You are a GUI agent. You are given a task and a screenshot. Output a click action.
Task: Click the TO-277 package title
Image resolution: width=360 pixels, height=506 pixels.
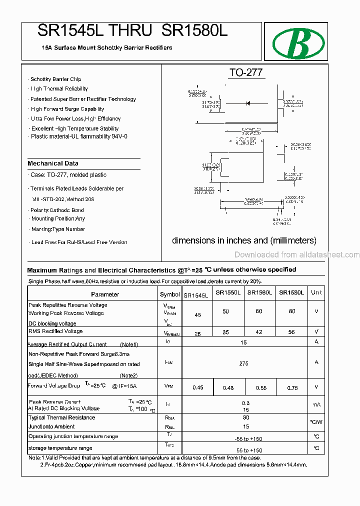pos(245,72)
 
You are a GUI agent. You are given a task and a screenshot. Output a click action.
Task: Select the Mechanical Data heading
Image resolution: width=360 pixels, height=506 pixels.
pos(53,163)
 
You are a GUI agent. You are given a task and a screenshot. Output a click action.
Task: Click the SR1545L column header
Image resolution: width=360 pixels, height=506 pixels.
pos(196,295)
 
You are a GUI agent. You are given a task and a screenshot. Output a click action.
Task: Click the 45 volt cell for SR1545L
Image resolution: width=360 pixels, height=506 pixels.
pos(197,315)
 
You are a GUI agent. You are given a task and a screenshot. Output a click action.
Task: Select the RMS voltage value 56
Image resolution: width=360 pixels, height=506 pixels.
pos(291,332)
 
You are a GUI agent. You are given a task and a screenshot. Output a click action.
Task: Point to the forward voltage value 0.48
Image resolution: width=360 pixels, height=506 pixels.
pos(228,388)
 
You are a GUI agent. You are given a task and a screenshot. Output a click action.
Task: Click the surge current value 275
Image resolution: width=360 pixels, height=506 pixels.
pos(243,363)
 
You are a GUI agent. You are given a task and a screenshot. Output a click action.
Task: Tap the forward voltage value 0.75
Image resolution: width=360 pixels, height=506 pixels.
pos(292,388)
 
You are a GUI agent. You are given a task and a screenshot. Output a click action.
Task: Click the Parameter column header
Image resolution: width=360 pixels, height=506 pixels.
pos(105,294)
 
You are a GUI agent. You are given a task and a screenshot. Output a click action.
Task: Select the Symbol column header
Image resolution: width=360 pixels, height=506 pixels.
pos(169,294)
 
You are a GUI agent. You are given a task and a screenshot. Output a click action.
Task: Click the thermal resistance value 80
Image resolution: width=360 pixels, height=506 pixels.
pos(245,417)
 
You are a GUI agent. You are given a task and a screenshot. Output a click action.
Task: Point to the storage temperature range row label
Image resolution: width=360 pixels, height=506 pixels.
pos(60,448)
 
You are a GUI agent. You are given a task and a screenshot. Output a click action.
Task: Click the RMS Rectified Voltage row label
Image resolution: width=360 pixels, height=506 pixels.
pos(55,331)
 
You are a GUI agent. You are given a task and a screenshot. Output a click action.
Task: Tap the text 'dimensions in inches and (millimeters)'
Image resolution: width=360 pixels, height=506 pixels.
pos(244,240)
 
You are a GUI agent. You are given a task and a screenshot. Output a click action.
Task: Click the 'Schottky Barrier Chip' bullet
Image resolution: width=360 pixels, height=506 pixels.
pos(55,79)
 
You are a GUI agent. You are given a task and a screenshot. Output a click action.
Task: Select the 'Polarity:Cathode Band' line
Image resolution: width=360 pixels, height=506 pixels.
pos(57,210)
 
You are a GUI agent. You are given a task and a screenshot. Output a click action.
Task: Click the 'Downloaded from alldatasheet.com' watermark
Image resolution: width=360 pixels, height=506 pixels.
pos(296,254)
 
